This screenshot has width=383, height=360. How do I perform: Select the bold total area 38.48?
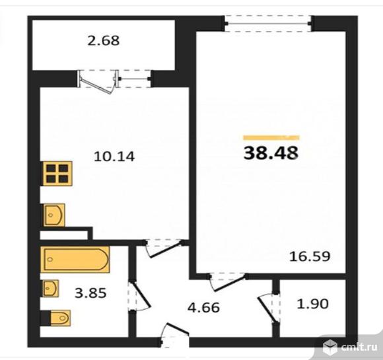tap(271, 153)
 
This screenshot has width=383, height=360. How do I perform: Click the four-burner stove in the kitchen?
tap(57, 174)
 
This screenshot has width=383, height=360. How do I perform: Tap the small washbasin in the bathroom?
tap(50, 289)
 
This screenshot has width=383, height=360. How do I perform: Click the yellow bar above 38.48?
tap(271, 137)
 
